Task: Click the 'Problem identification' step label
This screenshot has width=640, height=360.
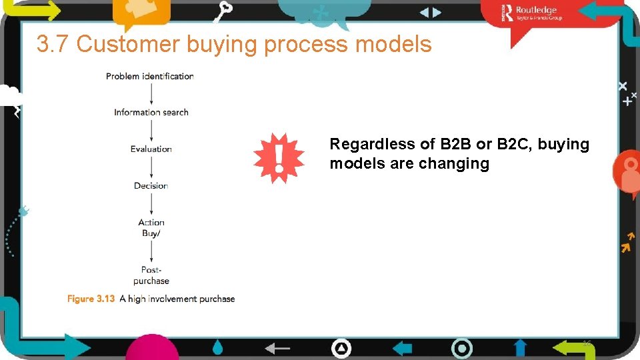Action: tap(149, 76)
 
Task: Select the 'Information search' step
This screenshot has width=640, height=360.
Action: tap(151, 113)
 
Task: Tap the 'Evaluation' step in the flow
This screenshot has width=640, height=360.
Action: tap(151, 149)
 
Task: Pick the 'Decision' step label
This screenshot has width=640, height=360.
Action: tap(151, 186)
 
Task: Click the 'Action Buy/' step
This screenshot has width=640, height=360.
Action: tap(151, 228)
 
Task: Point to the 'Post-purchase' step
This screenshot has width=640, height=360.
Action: tap(151, 275)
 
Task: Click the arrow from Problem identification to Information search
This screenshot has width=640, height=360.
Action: tap(151, 94)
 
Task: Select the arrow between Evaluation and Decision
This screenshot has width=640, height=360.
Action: tap(151, 167)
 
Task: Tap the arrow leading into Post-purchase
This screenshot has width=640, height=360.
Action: tap(151, 251)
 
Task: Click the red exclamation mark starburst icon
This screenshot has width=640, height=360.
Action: tap(279, 158)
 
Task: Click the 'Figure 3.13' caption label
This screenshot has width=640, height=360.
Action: tap(91, 299)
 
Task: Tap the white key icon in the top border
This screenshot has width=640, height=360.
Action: tap(224, 11)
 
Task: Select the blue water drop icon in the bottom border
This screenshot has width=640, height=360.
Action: tap(218, 347)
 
